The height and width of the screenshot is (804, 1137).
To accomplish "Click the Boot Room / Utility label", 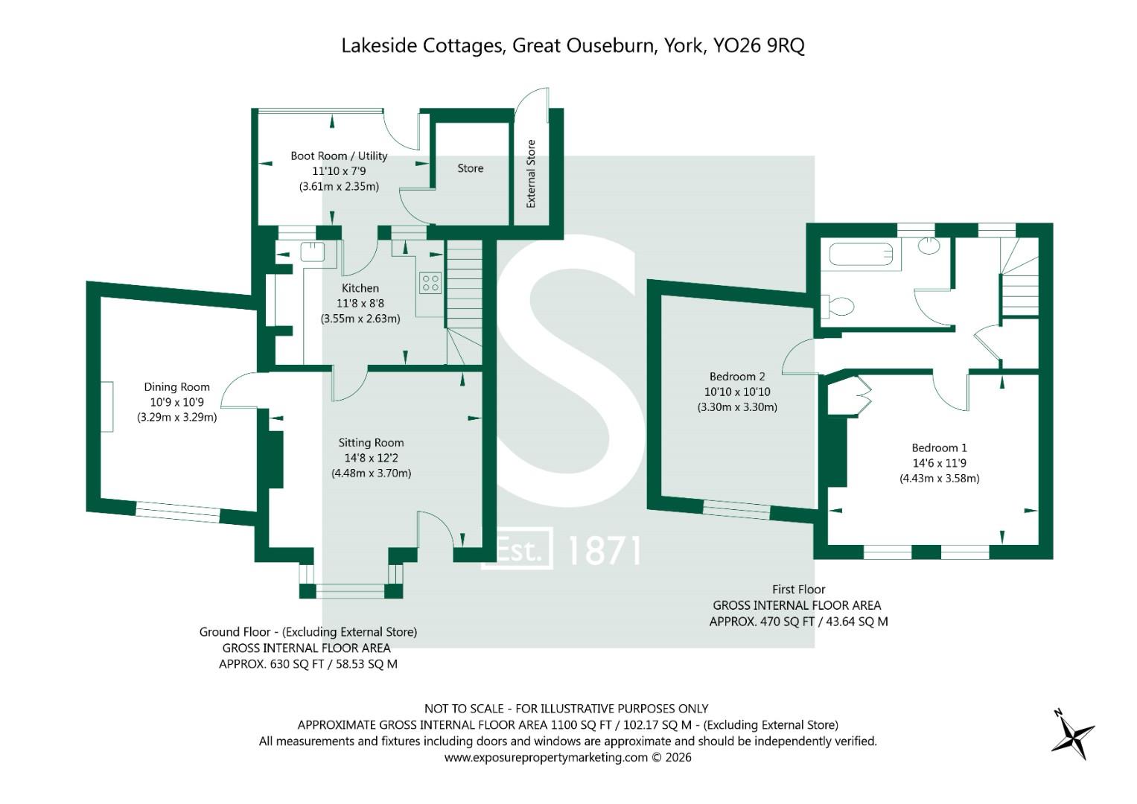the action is (339, 156).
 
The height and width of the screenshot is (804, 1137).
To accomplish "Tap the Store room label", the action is (470, 168).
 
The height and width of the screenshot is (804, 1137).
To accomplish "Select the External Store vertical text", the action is (531, 173).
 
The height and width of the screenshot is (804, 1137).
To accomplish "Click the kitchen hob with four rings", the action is (430, 283).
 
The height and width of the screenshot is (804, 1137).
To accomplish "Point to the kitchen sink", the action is (312, 252).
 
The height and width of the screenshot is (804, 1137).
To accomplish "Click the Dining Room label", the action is (176, 387).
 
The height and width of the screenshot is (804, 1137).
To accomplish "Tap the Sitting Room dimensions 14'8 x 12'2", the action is (371, 458).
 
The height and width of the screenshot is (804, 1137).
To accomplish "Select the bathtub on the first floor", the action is (861, 254).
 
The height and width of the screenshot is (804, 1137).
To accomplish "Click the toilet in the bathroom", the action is (838, 306).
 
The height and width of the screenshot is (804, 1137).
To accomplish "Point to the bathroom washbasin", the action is (929, 246).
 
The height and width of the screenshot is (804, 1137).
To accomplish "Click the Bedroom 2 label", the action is (737, 377).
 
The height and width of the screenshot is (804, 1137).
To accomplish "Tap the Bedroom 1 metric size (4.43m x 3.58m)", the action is (940, 478).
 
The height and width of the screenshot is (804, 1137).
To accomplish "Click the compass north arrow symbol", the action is (1072, 735).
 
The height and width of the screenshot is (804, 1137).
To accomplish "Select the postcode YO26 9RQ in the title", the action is (759, 45).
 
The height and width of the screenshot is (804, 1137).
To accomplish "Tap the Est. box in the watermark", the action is (517, 548).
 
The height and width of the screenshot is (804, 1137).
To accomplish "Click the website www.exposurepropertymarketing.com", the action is (547, 757).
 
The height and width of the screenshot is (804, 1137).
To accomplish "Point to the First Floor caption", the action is (798, 590).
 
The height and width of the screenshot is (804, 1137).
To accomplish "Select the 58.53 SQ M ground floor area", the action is (366, 664).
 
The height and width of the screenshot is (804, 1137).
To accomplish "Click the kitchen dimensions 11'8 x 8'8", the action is (360, 304).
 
